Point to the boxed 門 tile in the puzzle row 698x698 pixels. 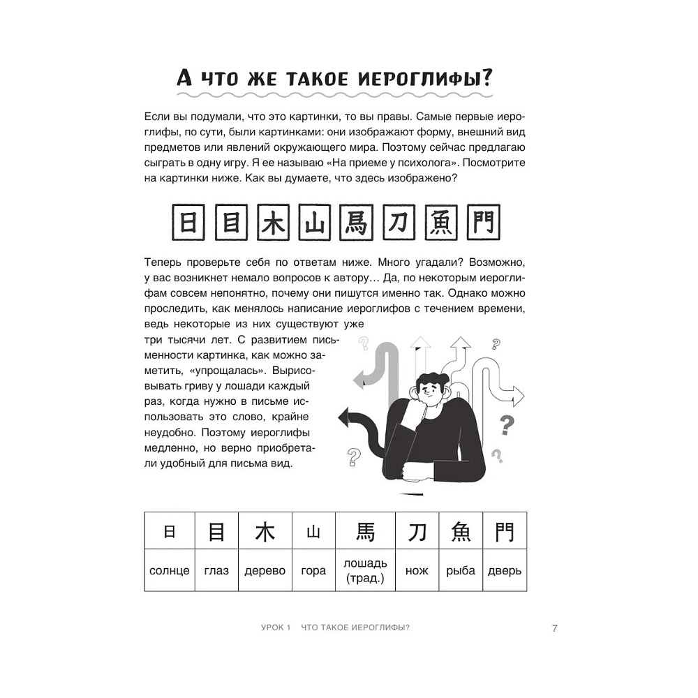click(480, 221)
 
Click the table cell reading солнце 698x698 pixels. click(170, 570)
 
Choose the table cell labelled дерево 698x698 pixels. click(265, 570)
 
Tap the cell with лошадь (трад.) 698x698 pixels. click(365, 570)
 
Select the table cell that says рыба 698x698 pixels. click(461, 570)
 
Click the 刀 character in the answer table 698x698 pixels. click(417, 533)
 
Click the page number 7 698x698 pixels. click(554, 628)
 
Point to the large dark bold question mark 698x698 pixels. click(507, 424)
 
